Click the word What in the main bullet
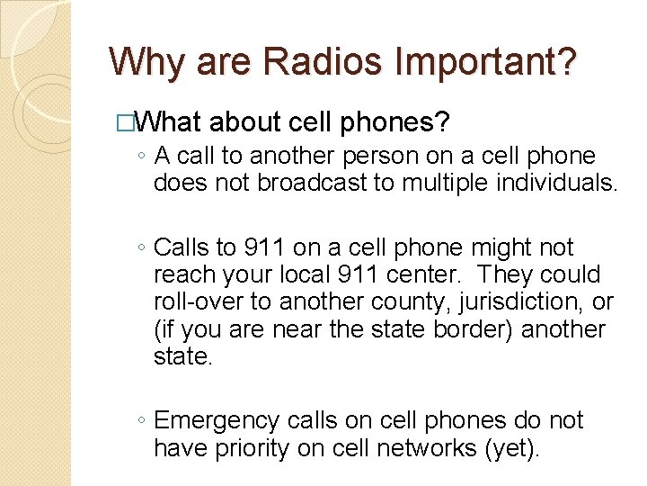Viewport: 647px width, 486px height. click(172, 122)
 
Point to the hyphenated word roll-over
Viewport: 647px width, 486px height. click(197, 301)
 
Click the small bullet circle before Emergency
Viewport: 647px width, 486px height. click(142, 421)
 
